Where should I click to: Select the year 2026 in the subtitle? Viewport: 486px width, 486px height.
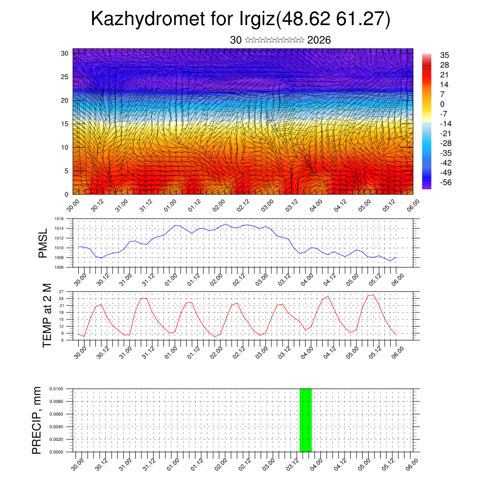point(319,40)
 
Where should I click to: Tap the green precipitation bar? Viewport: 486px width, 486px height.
point(306,420)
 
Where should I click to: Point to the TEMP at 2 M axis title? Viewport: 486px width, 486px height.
point(47,315)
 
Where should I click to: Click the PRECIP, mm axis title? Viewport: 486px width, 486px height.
point(37,420)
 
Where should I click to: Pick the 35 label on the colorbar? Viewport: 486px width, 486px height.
point(445,55)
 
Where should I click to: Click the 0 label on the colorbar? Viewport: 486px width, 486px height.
point(442,104)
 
